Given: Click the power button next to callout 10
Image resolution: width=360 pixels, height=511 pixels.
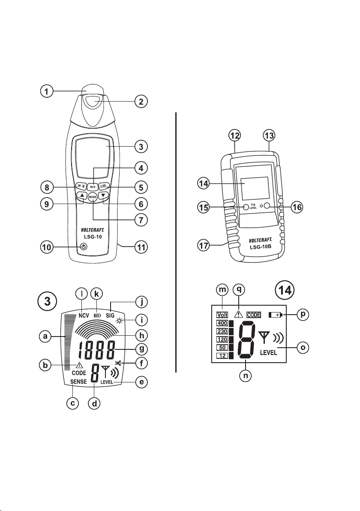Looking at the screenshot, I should tap(84, 247).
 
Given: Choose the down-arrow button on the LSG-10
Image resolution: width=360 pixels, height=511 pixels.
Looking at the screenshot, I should tap(103, 196).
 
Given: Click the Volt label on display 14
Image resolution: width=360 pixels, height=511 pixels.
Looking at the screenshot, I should tap(222, 314).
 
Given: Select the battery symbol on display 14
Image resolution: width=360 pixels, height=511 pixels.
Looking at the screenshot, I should tap(276, 315).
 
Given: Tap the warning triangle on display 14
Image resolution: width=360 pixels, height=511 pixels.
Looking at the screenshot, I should tap(239, 314).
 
